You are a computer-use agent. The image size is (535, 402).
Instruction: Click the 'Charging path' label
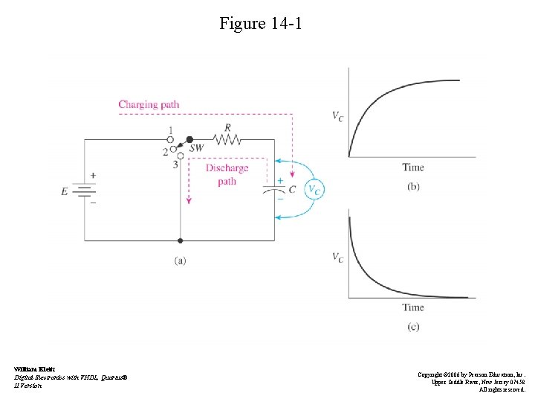[x=149, y=104]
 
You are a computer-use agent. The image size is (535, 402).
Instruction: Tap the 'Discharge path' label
[x=227, y=174]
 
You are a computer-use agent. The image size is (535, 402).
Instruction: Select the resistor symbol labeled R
[x=227, y=138]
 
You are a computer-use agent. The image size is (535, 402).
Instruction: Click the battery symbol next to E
[x=85, y=191]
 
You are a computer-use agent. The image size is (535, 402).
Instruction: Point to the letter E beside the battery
[x=65, y=191]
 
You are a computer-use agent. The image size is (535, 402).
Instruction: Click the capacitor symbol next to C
[x=274, y=190]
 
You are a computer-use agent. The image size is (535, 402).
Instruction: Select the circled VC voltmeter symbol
[x=315, y=190]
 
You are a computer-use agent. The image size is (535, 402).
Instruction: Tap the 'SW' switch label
[x=196, y=149]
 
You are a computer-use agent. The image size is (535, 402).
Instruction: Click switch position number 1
[x=170, y=130]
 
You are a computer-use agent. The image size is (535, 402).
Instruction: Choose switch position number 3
[x=176, y=164]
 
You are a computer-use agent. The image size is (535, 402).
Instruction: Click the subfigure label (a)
[x=181, y=260]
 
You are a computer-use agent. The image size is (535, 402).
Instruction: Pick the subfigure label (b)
[x=413, y=186]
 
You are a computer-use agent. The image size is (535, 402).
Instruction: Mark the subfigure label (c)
[x=413, y=326]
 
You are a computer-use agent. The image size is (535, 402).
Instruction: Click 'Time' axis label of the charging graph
[x=413, y=167]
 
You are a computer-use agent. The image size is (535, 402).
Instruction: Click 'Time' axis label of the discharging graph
[x=413, y=307]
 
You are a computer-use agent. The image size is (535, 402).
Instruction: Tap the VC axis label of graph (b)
[x=337, y=116]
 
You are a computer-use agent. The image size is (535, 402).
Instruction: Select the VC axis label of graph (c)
[x=337, y=258]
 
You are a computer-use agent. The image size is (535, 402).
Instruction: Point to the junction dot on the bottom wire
[x=181, y=240]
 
